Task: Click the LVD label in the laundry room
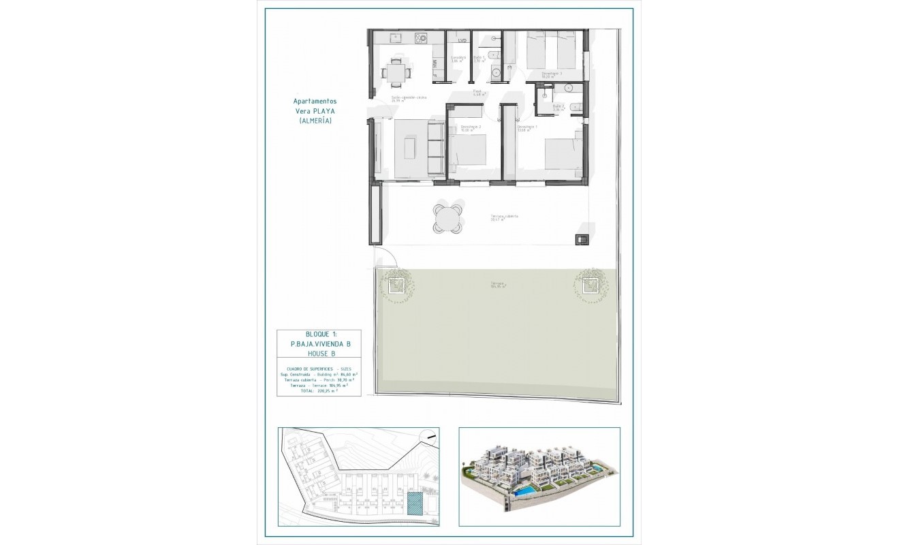(462, 40)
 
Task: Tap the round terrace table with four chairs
(447, 218)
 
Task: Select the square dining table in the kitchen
(395, 70)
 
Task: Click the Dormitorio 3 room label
(551, 74)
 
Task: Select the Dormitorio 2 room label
(471, 127)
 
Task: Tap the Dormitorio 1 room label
(527, 127)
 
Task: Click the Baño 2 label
(558, 106)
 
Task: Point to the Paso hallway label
(478, 92)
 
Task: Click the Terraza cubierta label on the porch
(504, 217)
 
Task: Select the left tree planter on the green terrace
(396, 287)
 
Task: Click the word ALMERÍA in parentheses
(315, 121)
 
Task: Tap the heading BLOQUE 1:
(319, 334)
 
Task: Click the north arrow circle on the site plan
(428, 437)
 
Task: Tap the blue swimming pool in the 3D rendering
(524, 490)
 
